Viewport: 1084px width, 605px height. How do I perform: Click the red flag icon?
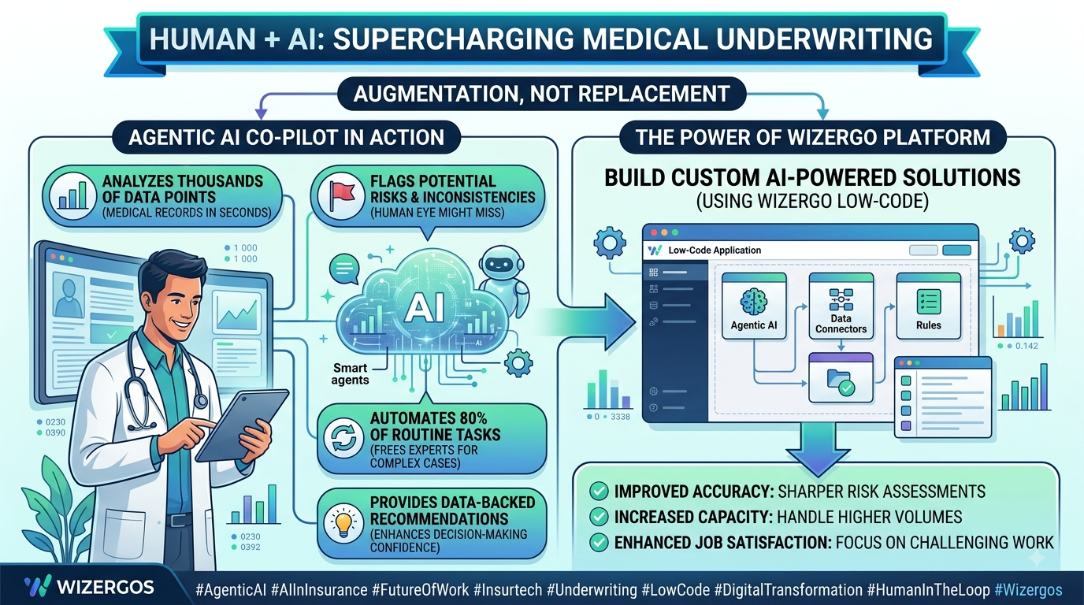(342, 195)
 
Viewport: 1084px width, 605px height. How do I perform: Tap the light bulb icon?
(343, 523)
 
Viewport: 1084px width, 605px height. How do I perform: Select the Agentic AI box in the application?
(754, 306)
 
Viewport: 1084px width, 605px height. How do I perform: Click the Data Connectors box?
(841, 306)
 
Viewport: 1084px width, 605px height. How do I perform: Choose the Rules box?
(928, 306)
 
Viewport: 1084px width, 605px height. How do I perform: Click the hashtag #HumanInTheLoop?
(928, 590)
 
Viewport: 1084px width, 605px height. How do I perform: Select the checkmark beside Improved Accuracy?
(599, 492)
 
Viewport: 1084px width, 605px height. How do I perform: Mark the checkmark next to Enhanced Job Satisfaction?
(599, 542)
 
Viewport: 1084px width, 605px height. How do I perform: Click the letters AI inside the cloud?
(424, 307)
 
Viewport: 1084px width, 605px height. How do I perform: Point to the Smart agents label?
(350, 374)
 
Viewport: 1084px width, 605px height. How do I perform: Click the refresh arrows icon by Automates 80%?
(343, 437)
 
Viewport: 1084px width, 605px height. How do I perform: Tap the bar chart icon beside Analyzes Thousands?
(72, 195)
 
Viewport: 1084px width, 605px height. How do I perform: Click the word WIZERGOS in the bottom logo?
(106, 588)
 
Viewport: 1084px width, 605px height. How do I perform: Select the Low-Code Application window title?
(715, 251)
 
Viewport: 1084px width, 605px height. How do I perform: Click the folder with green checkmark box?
(841, 378)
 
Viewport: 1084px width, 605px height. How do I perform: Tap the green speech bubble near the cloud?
(344, 269)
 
